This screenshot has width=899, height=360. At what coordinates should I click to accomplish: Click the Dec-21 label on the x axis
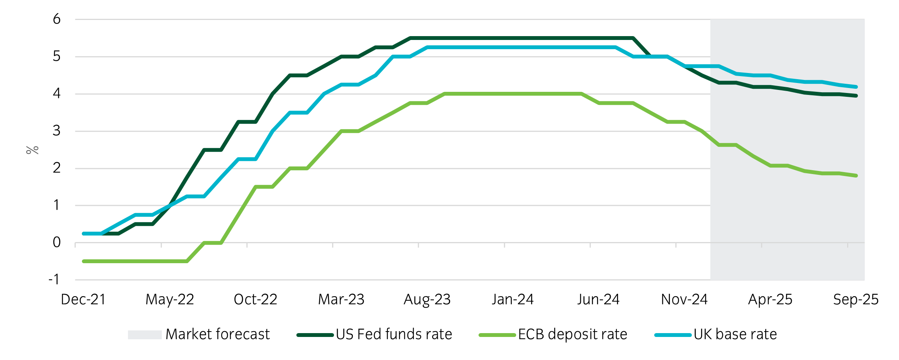[x=83, y=299]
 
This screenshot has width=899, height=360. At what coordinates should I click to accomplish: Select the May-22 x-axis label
[x=169, y=299]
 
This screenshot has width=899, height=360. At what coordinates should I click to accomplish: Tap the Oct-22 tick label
[x=255, y=299]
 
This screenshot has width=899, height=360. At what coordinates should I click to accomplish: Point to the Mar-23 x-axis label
[x=341, y=299]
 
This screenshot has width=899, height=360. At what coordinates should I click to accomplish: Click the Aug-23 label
[x=427, y=299]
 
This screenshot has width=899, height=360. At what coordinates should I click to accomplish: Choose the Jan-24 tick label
[x=512, y=299]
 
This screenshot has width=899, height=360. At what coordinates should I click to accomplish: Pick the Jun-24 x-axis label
[x=598, y=299]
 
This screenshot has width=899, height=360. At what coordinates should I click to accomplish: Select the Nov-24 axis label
[x=684, y=299]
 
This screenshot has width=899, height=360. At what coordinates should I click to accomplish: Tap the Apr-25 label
[x=770, y=299]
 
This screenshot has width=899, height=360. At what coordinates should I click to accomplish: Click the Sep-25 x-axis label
[x=856, y=299]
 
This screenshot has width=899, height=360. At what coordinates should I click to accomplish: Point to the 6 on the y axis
[x=56, y=19]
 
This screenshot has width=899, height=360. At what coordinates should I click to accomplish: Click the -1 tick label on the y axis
[x=54, y=279]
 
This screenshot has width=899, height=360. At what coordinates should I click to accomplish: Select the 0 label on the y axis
[x=56, y=242]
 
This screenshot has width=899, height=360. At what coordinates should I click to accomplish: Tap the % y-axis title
[x=32, y=150]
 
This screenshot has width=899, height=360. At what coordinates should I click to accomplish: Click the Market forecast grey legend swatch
[x=145, y=335]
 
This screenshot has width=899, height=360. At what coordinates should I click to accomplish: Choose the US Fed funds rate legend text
[x=394, y=334]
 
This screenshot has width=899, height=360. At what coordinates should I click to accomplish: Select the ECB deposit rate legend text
[x=572, y=334]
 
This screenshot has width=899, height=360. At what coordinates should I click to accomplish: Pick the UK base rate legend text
[x=735, y=334]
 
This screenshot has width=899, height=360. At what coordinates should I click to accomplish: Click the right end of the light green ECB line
[x=856, y=176]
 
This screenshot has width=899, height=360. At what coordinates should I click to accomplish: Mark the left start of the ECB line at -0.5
[x=84, y=261]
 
